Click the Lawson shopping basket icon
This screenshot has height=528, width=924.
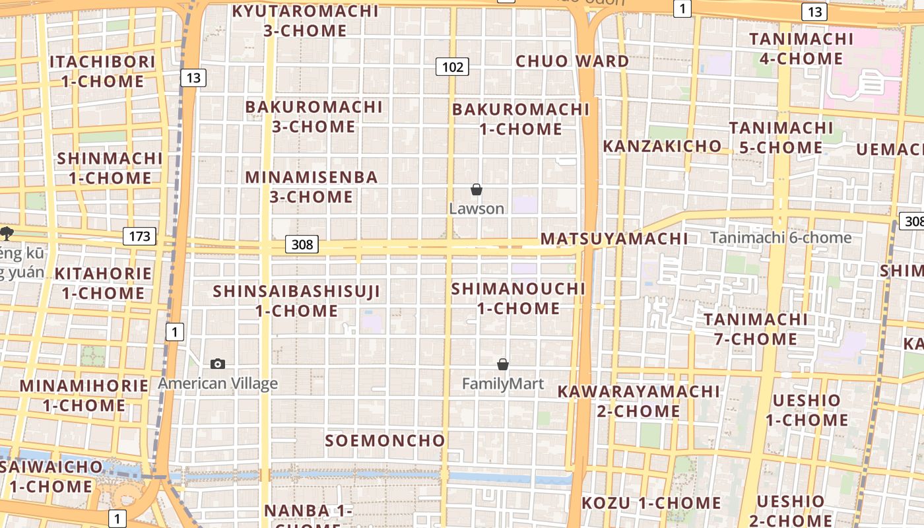coord(477,190)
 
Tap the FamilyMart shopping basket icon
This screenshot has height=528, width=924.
coord(503,364)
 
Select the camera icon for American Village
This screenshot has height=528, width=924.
coord(218,364)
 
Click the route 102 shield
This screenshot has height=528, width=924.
coord(452,67)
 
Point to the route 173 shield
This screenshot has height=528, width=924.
coord(139,236)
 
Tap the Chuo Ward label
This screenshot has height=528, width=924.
coord(572,61)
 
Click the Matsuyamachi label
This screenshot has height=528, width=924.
coord(614,239)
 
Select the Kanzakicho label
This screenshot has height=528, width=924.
coord(662,146)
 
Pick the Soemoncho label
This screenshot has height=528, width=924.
coord(385,440)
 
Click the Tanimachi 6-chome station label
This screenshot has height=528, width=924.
coord(781,238)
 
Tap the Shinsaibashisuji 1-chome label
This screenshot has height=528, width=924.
coord(296,301)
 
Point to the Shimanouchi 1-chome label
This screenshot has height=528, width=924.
coord(518,298)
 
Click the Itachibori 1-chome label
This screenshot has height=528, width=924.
coord(103,71)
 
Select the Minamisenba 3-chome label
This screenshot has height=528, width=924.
coord(312,187)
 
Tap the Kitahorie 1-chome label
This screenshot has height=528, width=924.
coord(103,283)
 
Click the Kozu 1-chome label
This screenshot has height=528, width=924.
coord(651,503)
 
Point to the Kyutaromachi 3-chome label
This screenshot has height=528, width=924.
coord(306,20)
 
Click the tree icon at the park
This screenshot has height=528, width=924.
coord(7,232)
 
